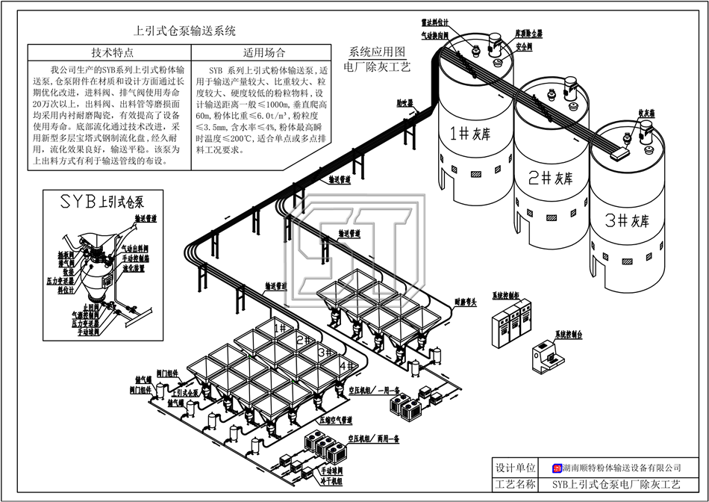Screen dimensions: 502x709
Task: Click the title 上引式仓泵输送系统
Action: (184, 31)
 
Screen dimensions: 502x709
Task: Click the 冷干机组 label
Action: (331, 481)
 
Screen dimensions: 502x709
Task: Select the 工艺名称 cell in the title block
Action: (516, 484)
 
